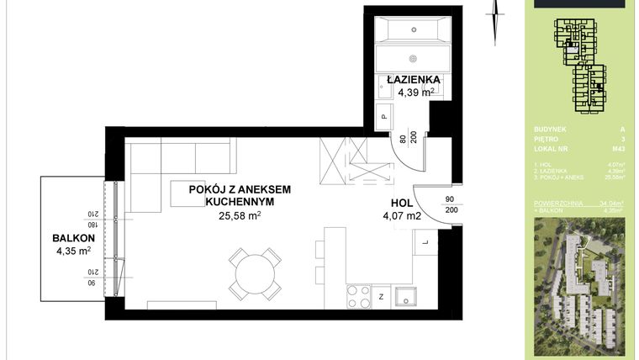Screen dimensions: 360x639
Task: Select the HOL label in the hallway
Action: click(x=402, y=203)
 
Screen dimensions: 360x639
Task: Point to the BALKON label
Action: click(x=72, y=237)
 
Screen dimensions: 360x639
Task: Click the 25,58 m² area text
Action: click(x=239, y=215)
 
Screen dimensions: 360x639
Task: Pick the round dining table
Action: click(x=254, y=274)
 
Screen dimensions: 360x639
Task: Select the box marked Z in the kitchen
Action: click(x=381, y=296)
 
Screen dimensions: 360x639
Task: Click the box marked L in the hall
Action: click(x=425, y=243)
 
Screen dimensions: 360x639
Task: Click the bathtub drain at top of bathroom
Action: click(x=415, y=30)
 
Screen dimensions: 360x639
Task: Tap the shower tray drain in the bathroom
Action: click(x=412, y=58)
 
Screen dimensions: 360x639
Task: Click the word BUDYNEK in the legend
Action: click(x=547, y=130)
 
